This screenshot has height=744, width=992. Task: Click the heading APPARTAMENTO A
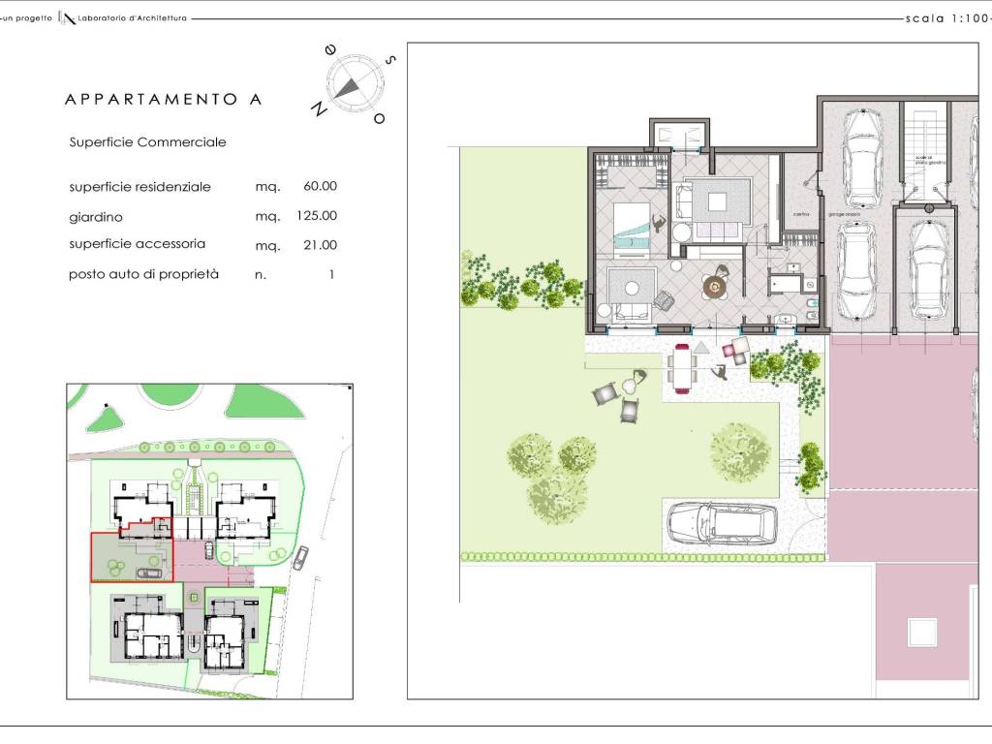point(163,99)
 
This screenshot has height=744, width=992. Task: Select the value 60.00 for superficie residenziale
point(320,186)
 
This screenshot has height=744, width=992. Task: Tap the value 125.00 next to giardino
point(317,216)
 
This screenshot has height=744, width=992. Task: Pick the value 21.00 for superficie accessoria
point(320,245)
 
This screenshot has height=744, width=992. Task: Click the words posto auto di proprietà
point(143,274)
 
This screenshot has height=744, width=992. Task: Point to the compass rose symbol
point(348,83)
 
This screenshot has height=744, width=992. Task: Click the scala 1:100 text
point(945,17)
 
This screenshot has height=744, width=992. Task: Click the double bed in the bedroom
point(635,226)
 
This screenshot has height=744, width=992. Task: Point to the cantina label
point(800,214)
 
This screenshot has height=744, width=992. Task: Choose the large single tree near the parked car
point(740,450)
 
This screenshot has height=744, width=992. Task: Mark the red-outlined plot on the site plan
point(131,557)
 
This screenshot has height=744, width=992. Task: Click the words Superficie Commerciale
point(147,141)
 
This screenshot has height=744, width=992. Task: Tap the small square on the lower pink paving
point(920,632)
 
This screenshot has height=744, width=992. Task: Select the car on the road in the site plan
point(301,557)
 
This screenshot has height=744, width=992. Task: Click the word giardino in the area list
point(96,217)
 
